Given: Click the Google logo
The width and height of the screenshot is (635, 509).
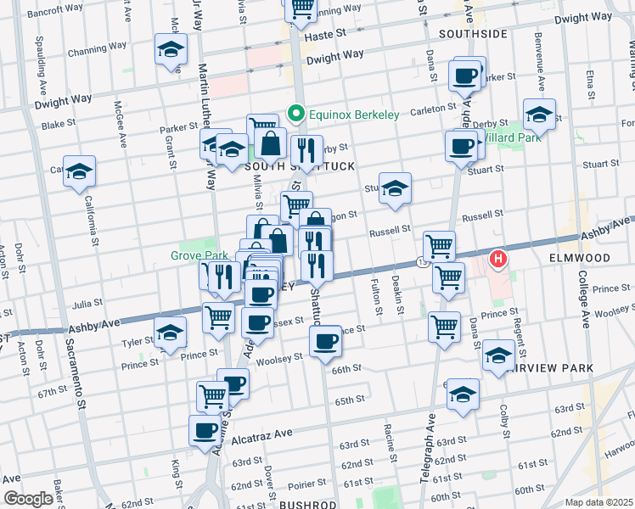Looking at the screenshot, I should pos(27,499).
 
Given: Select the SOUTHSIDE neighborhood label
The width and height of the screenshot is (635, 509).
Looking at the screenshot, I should pos(473,34).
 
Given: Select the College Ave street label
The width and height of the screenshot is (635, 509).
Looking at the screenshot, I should pos(584,301).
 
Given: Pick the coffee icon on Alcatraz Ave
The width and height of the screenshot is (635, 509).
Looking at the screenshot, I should pos(205,430).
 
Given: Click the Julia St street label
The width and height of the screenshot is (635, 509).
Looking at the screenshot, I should pos(87,301).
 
